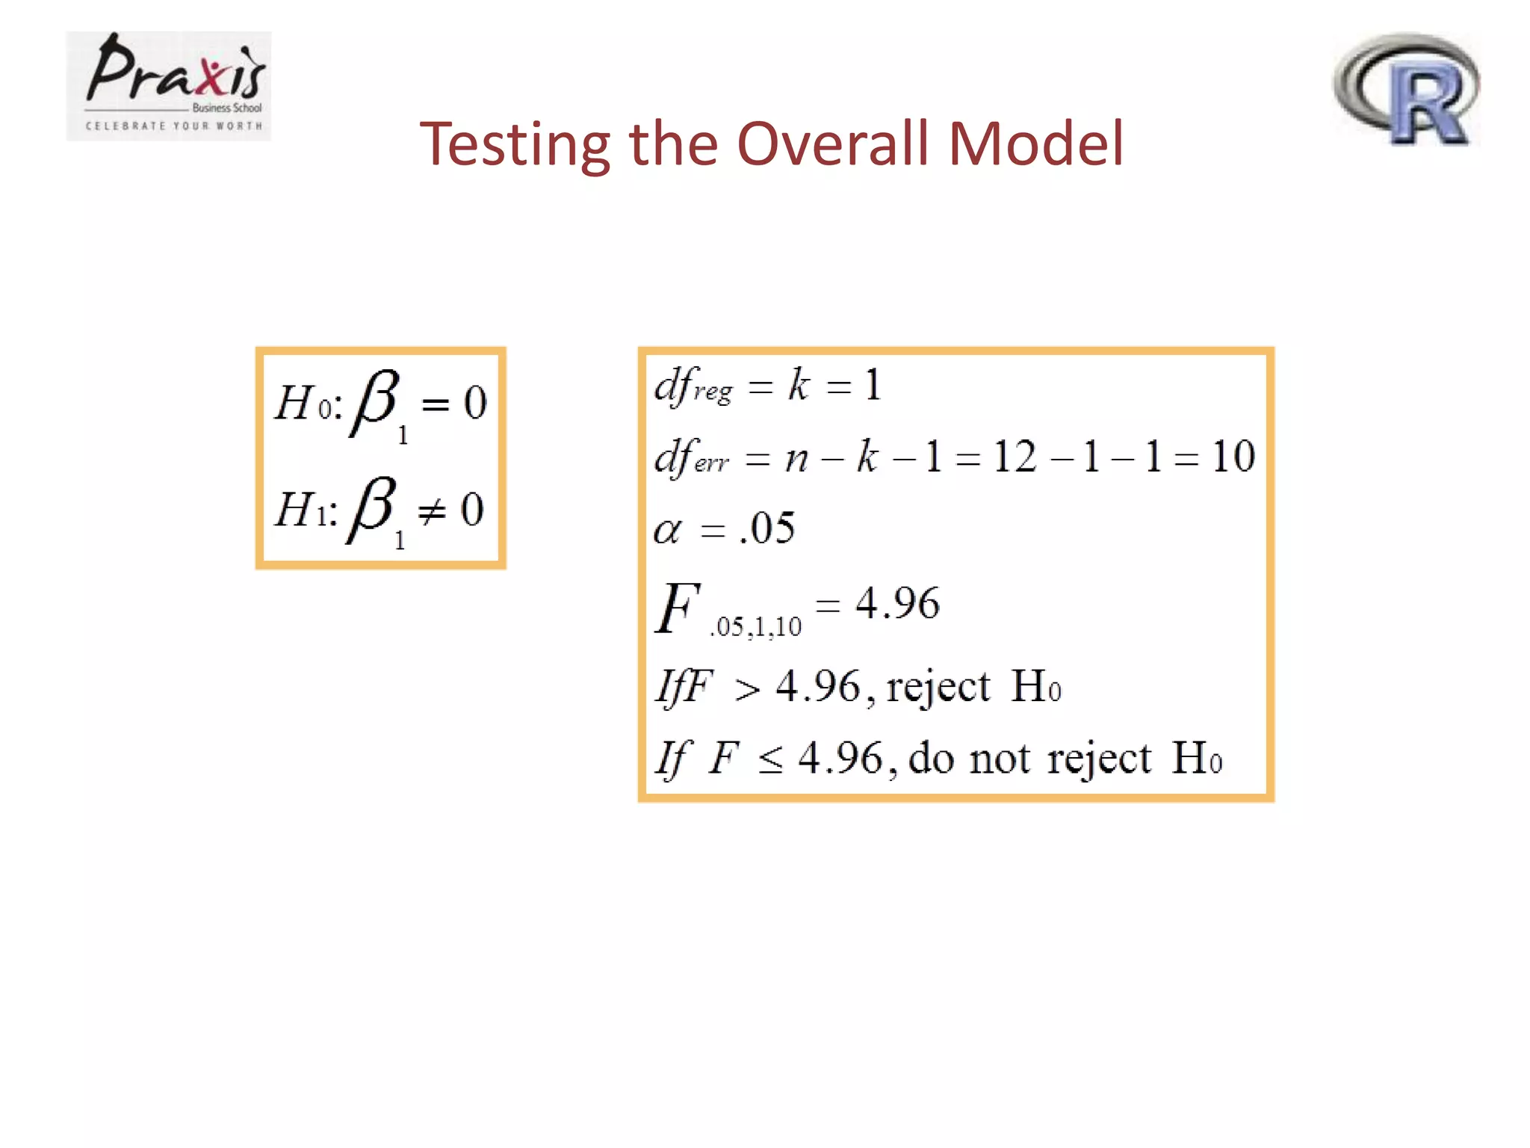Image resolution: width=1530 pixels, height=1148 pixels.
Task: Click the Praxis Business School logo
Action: coord(169,86)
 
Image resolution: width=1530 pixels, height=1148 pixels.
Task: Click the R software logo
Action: coord(1406,89)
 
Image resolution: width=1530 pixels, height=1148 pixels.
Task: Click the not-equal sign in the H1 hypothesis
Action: coord(432,512)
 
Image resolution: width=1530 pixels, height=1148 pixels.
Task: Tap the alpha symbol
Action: coord(667,531)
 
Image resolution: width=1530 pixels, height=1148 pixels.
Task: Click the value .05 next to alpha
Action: coord(767,528)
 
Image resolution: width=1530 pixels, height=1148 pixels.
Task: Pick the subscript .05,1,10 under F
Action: coord(755,626)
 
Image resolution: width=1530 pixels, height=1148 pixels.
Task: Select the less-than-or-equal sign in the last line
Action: coord(770,761)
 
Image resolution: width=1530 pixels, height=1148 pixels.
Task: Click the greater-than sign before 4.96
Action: coord(747,689)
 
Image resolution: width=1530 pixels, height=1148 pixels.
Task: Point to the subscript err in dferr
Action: coord(711,463)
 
